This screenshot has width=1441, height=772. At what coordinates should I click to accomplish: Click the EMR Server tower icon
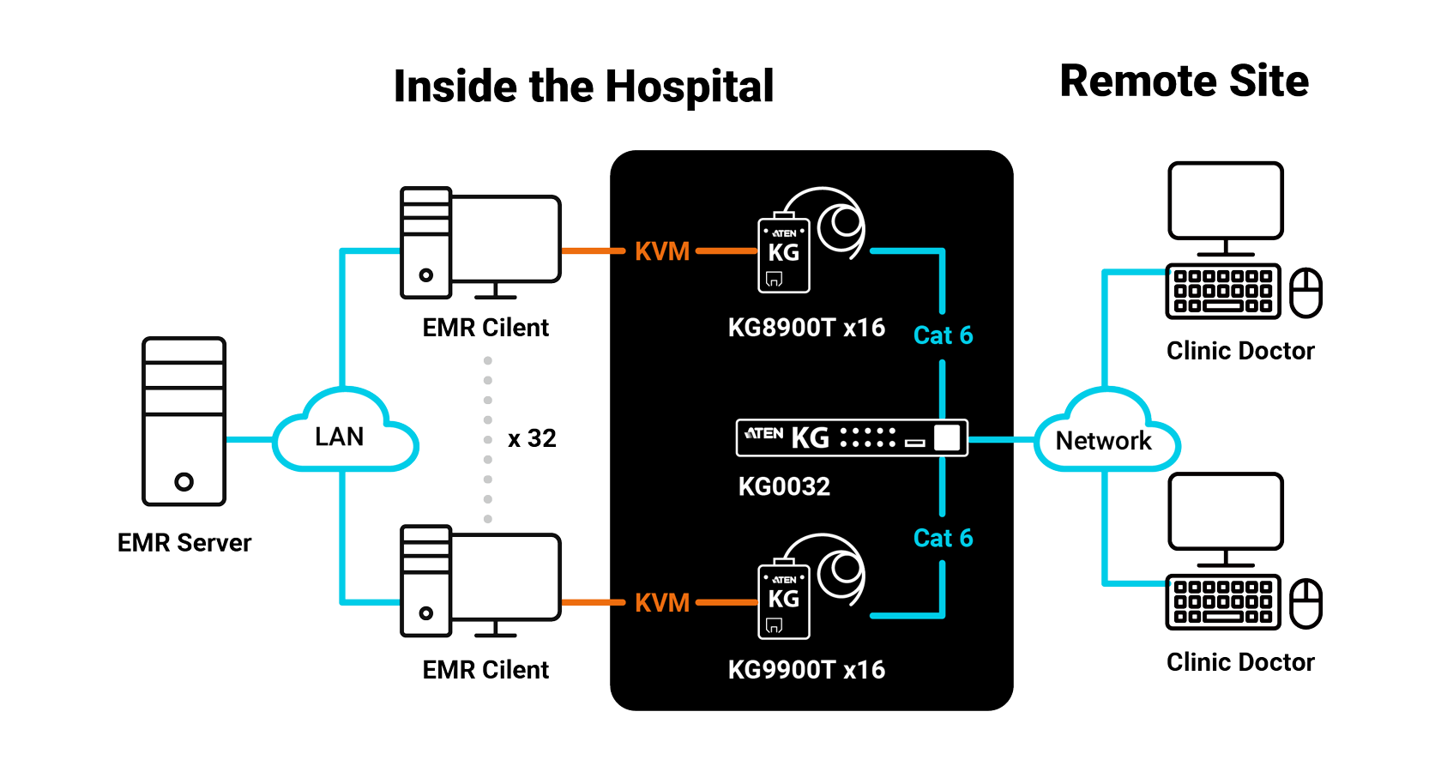tap(184, 421)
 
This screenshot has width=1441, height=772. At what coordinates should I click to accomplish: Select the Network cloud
tap(1106, 430)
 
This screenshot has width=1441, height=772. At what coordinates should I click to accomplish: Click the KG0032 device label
tap(784, 486)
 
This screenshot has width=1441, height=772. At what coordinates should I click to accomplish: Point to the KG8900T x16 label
tap(806, 328)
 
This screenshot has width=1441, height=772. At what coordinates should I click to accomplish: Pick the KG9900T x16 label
tap(806, 670)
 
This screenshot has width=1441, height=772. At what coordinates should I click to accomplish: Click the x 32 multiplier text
tap(532, 439)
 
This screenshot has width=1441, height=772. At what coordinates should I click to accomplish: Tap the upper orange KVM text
tap(662, 251)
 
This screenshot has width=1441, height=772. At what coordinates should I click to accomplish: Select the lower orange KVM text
tap(662, 603)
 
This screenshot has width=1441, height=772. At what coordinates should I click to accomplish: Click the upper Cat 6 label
tap(944, 335)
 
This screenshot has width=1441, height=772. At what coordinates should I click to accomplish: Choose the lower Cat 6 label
tap(944, 538)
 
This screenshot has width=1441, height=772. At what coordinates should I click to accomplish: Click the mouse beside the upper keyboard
tap(1305, 293)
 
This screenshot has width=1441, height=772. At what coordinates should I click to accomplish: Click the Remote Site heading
tap(1185, 81)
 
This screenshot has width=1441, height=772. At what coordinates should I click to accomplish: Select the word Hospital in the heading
tap(689, 87)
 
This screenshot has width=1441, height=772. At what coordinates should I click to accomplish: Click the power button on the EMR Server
tap(184, 482)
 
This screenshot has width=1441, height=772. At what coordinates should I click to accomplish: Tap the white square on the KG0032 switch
tap(947, 437)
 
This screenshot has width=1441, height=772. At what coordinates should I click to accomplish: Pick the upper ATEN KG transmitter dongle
tap(784, 254)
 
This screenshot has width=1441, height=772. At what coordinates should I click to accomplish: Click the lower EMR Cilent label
tap(485, 670)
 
